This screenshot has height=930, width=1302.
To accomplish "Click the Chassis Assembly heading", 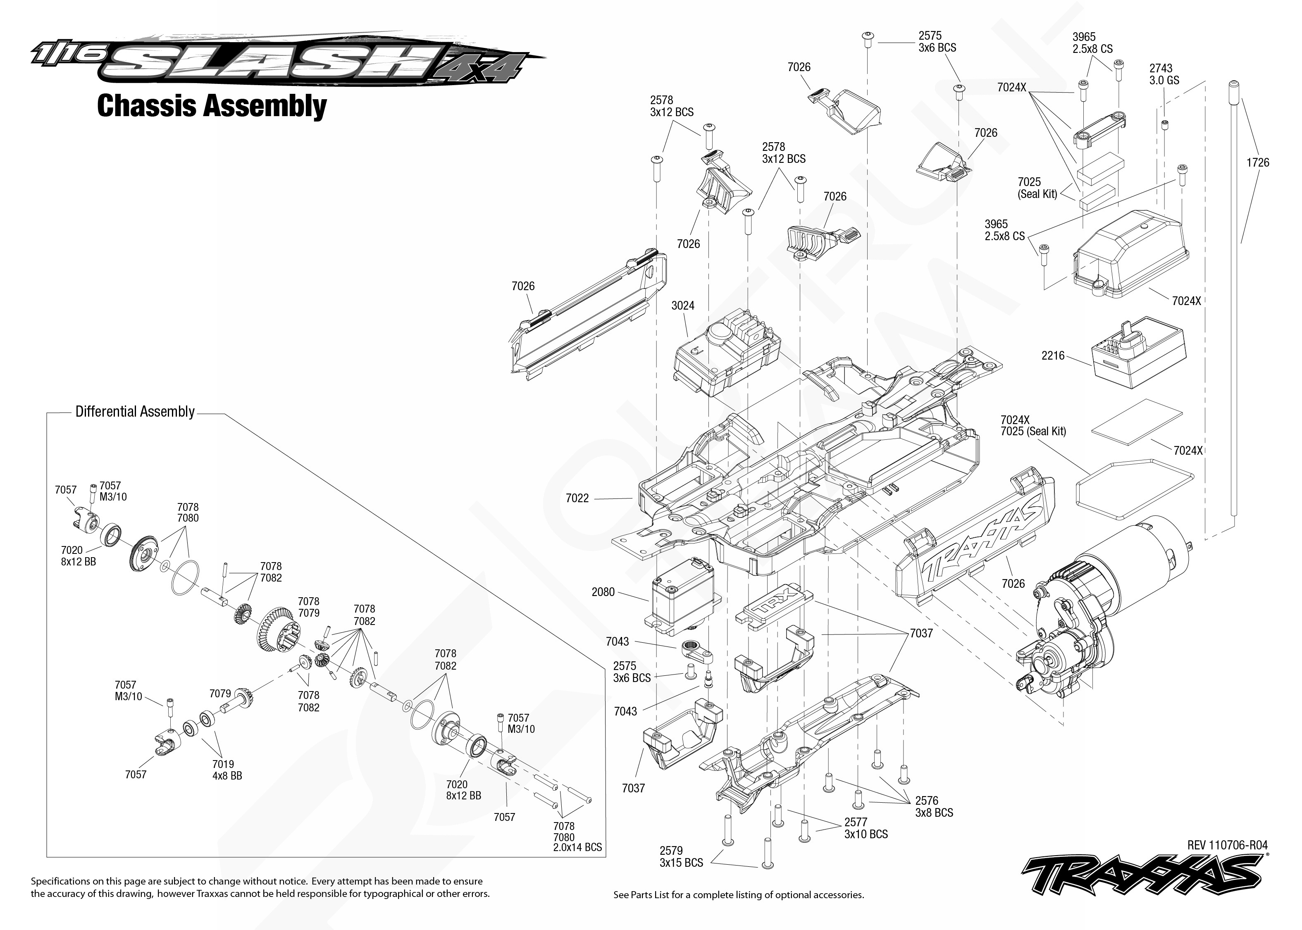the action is [212, 107].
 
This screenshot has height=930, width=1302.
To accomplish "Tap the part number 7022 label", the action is [577, 498].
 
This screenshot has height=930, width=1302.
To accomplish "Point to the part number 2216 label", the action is [1053, 355].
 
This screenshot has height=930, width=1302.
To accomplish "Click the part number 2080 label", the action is [603, 592].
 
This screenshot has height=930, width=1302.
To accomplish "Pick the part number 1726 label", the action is [1258, 162].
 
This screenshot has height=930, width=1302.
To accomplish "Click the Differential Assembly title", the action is [135, 412].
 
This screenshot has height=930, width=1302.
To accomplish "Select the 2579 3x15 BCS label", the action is [681, 857].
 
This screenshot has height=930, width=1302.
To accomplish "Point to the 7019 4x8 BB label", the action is [227, 770].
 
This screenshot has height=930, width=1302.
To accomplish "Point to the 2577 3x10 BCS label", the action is [866, 828].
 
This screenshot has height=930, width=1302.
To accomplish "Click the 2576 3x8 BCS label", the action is [934, 806].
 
